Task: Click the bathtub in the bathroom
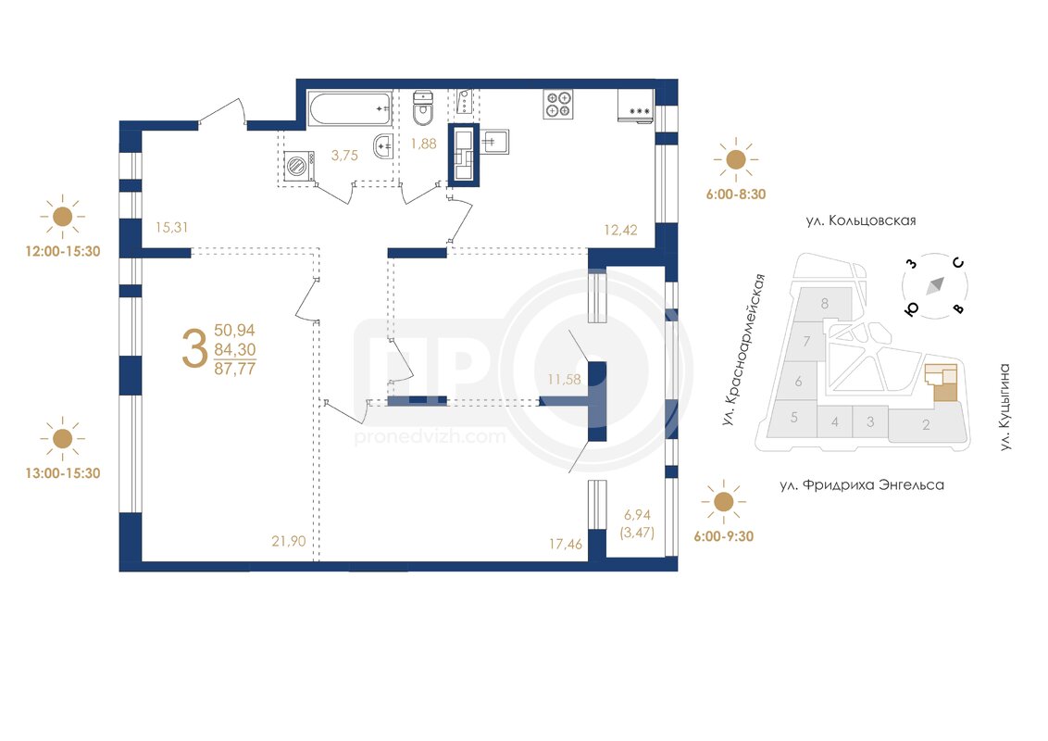(x=350, y=108)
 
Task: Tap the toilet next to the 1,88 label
(x=423, y=108)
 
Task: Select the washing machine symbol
(x=299, y=166)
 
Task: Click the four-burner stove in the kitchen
(x=558, y=105)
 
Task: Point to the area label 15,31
(x=172, y=227)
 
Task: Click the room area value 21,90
(x=289, y=541)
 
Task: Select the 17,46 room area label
(x=566, y=545)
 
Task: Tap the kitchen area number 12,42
(x=621, y=230)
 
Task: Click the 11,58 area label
(x=564, y=380)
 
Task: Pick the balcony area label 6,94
(x=637, y=515)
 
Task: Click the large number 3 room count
(x=194, y=349)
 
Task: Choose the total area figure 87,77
(x=234, y=369)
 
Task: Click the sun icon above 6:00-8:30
(x=736, y=160)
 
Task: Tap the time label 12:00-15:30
(x=63, y=251)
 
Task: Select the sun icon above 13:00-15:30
(x=62, y=439)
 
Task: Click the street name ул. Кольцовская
(x=861, y=220)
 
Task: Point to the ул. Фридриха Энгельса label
(x=862, y=484)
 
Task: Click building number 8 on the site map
(x=825, y=304)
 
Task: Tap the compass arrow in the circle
(x=935, y=285)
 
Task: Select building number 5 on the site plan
(x=794, y=418)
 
